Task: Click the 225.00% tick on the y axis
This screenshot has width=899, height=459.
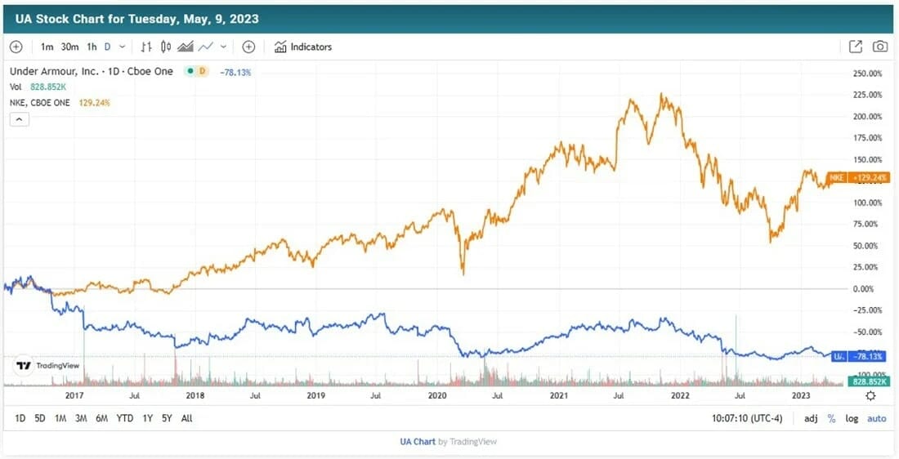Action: (866, 95)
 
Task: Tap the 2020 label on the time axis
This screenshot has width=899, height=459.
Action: (437, 395)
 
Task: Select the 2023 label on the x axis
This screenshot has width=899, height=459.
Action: (802, 395)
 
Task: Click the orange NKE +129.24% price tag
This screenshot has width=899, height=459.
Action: (857, 177)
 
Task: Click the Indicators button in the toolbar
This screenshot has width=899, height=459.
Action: (303, 47)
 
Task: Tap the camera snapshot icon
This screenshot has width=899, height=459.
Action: (879, 47)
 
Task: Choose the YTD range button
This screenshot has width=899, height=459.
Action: (124, 418)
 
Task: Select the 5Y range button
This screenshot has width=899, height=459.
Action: (167, 418)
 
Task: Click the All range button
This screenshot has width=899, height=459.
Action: (187, 418)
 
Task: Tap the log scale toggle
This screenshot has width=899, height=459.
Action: (852, 418)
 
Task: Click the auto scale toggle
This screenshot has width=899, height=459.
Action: (876, 418)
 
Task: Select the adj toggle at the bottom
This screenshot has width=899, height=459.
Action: (811, 418)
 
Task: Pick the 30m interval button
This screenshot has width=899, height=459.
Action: (69, 47)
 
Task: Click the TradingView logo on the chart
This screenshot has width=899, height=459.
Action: (48, 366)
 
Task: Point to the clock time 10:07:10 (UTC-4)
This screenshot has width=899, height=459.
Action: (748, 418)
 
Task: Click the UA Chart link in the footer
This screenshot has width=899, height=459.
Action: (418, 442)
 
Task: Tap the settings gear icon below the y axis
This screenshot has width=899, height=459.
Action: (870, 395)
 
